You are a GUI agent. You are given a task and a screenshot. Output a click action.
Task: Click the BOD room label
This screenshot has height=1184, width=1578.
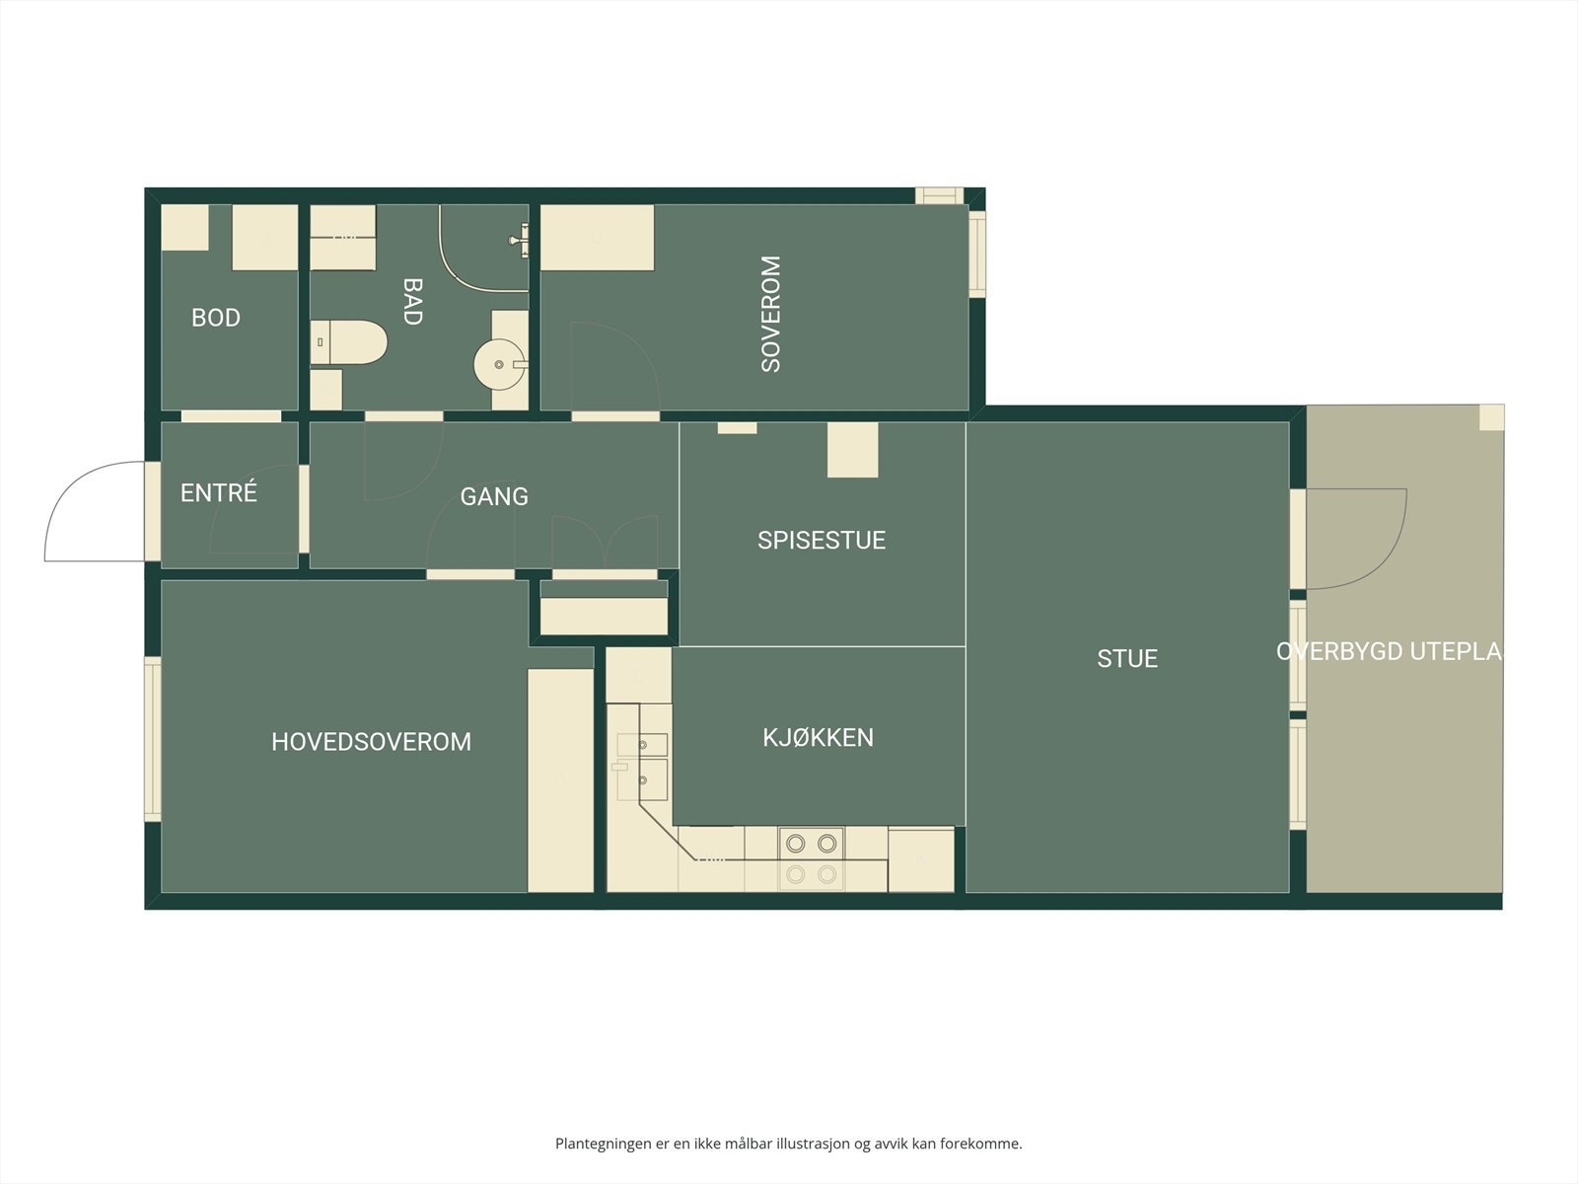click(215, 318)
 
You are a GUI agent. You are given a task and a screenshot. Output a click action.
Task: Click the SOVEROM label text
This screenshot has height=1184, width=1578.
click(771, 314)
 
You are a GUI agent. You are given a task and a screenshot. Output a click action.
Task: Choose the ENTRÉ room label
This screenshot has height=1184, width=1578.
click(218, 492)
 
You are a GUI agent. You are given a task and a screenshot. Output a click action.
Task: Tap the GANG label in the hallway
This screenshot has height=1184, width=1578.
click(494, 496)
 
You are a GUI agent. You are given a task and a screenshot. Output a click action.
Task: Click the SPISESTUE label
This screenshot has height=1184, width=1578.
click(822, 540)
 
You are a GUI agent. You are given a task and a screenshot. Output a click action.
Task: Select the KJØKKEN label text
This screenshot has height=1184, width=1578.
click(818, 737)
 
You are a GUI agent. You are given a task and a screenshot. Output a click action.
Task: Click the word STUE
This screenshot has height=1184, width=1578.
click(1127, 658)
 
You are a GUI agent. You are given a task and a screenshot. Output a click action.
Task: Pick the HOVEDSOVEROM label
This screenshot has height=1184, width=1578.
click(371, 742)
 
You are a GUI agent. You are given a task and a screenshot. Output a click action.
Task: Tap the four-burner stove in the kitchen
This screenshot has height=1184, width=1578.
click(811, 858)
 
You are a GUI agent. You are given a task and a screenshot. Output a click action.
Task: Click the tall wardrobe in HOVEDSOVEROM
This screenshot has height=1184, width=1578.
click(560, 779)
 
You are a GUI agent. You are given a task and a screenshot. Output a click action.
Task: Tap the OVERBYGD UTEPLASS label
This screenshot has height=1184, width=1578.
click(1389, 651)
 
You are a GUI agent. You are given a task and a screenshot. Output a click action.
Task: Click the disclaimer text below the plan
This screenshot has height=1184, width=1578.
click(788, 1144)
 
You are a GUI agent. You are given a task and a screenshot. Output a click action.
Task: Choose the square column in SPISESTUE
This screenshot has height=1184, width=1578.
click(852, 450)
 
